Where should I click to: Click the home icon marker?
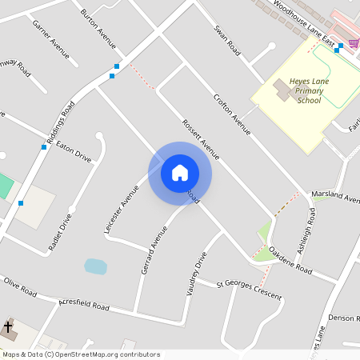179,172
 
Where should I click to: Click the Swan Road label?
227,40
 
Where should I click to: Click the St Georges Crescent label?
250,290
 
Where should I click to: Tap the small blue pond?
95,266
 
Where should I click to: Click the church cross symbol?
8,327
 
